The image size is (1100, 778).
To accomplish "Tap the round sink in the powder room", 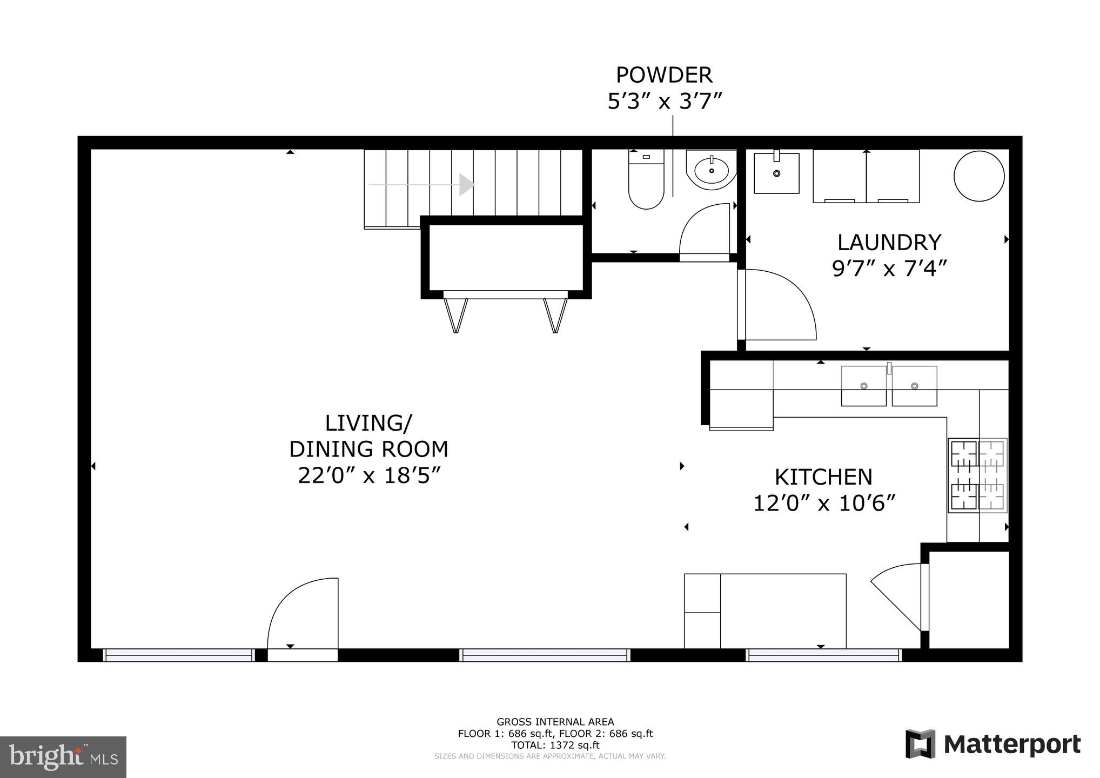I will coord(712,171).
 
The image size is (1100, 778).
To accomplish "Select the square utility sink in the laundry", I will coord(776,173).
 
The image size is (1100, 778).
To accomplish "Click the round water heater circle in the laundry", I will coord(979,176).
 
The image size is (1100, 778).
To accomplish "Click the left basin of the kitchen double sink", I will coord(863,386).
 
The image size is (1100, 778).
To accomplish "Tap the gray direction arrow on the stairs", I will coord(466,185).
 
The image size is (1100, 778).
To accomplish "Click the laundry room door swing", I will coord(778,305).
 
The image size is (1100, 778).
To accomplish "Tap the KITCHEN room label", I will coord(823,477).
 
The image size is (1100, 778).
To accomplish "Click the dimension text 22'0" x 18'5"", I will coord(369,476).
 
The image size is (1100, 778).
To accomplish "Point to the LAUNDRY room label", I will coord(889,243).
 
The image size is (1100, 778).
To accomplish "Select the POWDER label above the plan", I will coord(664,75).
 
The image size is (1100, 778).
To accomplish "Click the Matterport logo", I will coord(993,745).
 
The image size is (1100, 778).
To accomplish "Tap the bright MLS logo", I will coord(63,757).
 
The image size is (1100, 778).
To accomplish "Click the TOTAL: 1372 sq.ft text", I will coord(555,745).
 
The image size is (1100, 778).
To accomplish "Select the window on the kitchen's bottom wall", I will coord(823,655).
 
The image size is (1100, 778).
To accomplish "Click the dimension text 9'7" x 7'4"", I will coord(889,269).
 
